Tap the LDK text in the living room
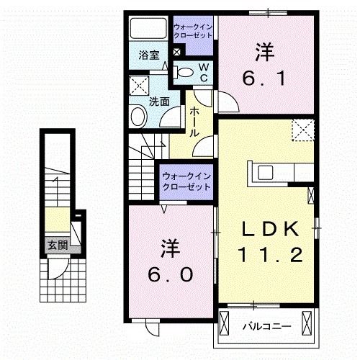click(269, 229)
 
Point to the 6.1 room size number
click(264, 75)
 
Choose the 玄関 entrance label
click(58, 245)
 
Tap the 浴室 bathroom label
click(149, 55)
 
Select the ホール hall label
click(195, 122)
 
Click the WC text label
click(203, 72)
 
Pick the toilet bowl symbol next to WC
click(185, 71)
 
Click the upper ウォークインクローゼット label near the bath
click(192, 31)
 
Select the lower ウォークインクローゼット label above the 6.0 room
click(186, 180)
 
